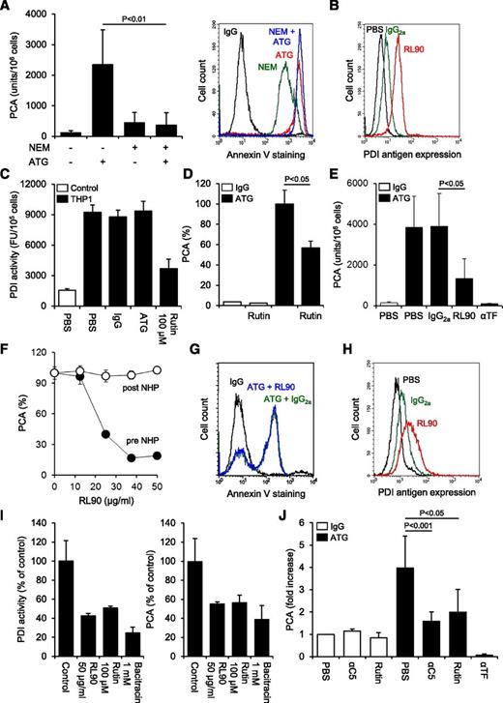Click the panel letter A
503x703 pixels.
tap(8, 8)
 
